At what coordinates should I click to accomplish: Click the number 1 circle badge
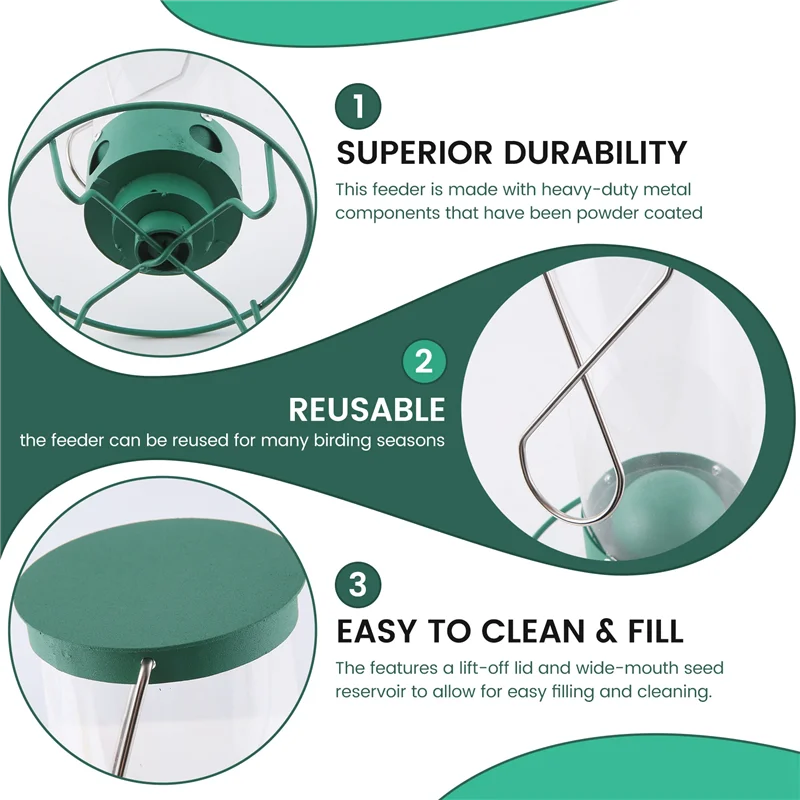pyautogui.click(x=358, y=106)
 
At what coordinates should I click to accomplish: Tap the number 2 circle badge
pyautogui.click(x=424, y=362)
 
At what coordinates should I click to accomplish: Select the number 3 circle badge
pyautogui.click(x=358, y=584)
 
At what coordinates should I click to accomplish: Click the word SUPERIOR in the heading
pyautogui.click(x=415, y=152)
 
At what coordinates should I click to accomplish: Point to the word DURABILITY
pyautogui.click(x=596, y=152)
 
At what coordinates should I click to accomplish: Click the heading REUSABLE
pyautogui.click(x=367, y=409)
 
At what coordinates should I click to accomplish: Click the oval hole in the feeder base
pyautogui.click(x=207, y=138)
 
